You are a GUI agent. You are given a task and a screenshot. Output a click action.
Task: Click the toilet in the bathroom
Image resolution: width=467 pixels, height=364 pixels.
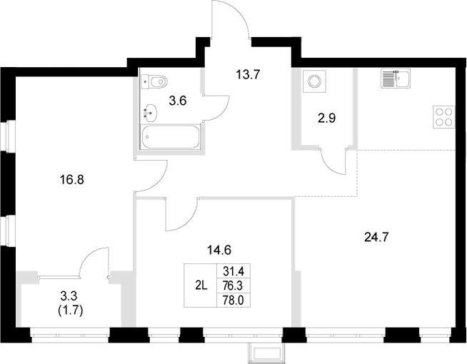click(x=154, y=81)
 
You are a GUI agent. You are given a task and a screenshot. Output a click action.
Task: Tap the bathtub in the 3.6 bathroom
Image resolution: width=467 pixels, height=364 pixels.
click(x=171, y=137)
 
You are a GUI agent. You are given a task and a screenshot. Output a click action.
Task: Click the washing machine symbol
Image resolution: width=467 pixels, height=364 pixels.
click(x=313, y=81)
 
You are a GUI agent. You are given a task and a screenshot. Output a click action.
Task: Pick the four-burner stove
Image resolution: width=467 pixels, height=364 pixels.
click(x=443, y=116)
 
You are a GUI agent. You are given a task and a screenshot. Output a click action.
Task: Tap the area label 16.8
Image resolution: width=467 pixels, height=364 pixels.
click(x=72, y=180)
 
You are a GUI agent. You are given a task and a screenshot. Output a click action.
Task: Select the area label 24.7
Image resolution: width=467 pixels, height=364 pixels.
click(x=378, y=234)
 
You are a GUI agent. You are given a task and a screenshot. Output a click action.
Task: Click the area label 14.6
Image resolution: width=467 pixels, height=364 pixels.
click(x=220, y=250)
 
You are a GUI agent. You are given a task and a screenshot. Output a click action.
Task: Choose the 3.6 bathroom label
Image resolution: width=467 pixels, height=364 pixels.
click(x=178, y=101)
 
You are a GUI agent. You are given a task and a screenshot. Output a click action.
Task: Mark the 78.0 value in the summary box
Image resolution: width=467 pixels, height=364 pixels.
click(x=233, y=299)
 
